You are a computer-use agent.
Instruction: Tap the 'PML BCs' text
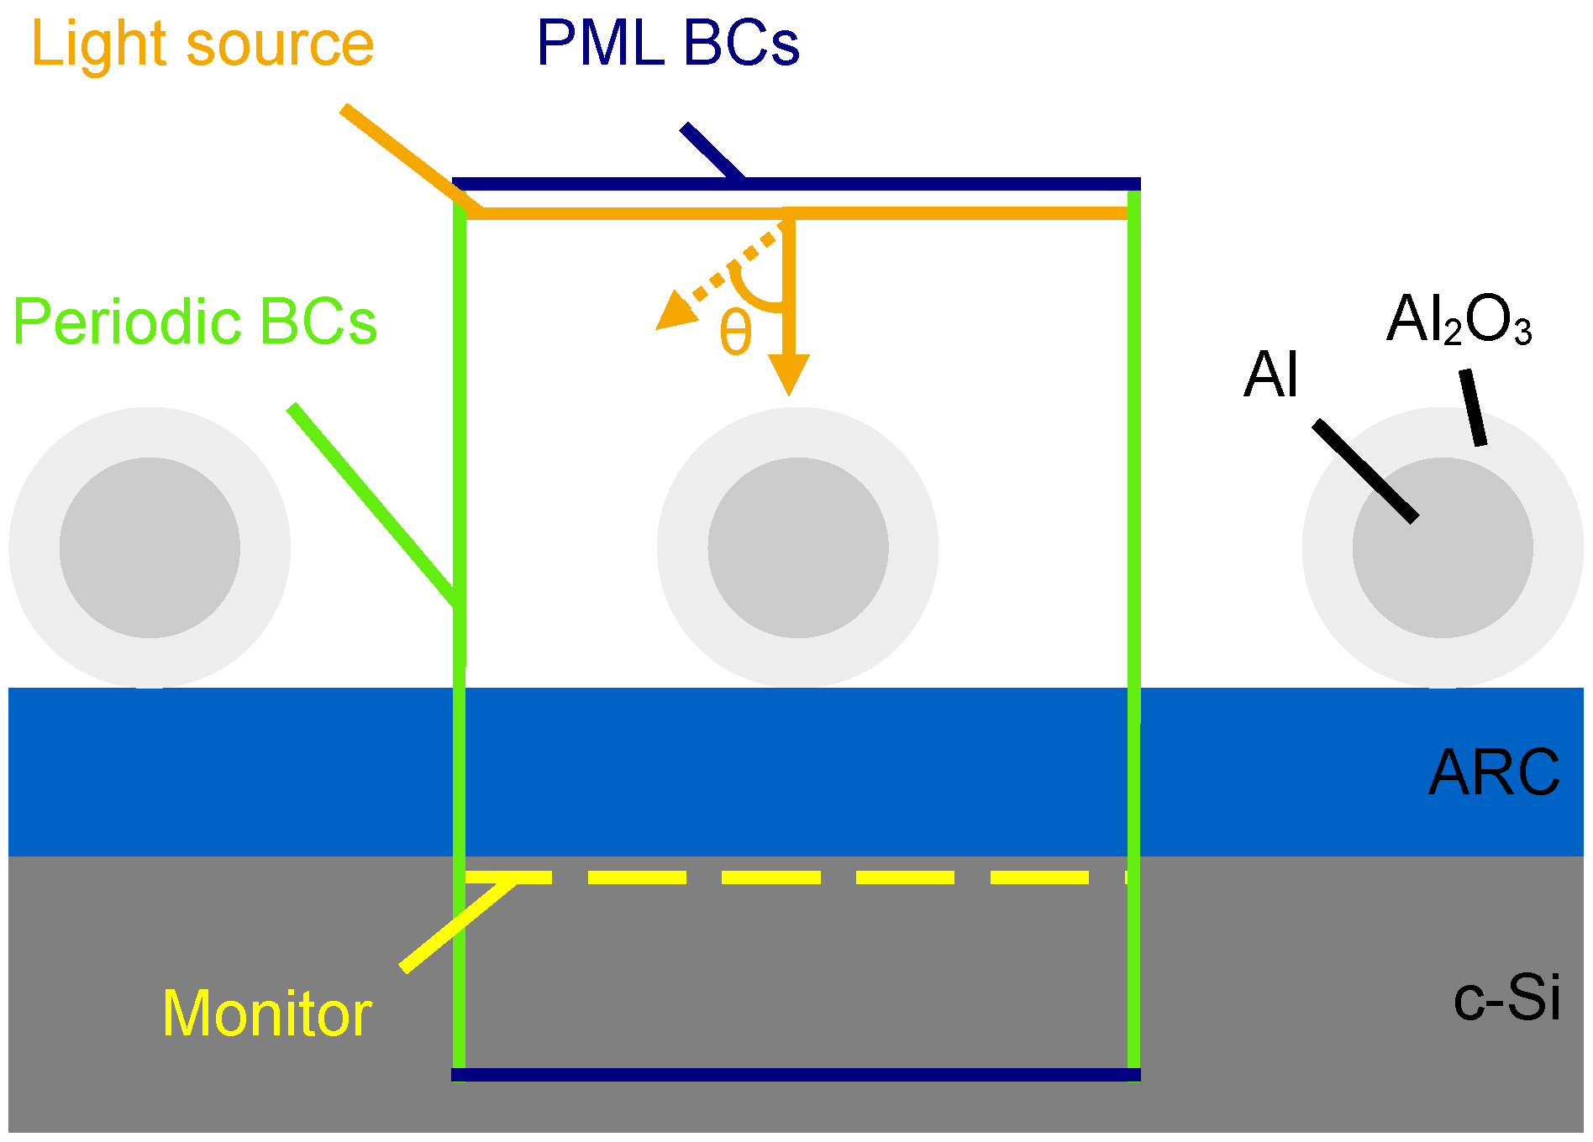pos(668,44)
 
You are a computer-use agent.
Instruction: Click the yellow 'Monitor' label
pos(267,1014)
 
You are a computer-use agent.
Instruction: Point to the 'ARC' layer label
pos(1494,773)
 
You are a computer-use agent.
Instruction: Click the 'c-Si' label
pos(1506,998)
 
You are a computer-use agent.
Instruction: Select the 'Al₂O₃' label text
pos(1459,320)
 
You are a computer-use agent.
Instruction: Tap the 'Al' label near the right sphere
pos(1271,375)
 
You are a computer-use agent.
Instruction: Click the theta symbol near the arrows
pos(735,333)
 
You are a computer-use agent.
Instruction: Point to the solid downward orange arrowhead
pos(789,373)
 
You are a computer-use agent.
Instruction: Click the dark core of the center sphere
pos(797,548)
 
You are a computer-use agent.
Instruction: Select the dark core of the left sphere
pos(150,548)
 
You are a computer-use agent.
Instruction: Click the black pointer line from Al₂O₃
pos(1473,408)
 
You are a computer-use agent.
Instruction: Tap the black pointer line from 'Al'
pos(1366,471)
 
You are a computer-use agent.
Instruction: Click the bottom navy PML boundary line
pos(796,1075)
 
